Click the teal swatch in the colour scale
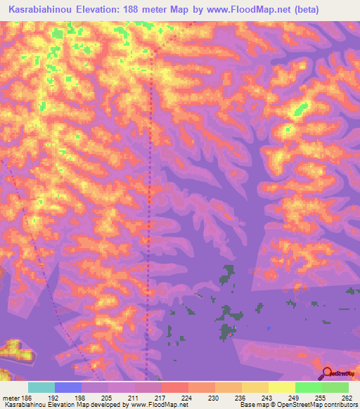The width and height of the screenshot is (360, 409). (x=41, y=387)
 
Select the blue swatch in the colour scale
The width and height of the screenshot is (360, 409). (x=68, y=387)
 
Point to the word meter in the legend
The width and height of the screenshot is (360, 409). (x=11, y=397)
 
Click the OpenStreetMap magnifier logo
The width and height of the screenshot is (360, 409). (x=327, y=372)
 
